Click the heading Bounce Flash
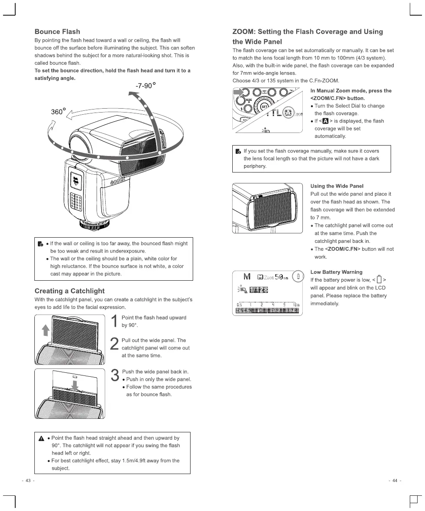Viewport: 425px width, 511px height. pos(57,32)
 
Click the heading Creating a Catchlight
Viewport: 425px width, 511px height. pos(69,291)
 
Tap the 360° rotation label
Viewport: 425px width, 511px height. pos(58,112)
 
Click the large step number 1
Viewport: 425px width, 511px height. pos(115,322)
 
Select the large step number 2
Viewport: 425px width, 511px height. pos(115,344)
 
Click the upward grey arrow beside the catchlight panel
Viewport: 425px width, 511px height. pos(44,330)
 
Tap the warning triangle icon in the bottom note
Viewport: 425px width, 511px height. pos(40,438)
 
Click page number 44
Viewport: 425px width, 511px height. pos(395,480)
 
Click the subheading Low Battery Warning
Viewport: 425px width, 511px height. pos(336,272)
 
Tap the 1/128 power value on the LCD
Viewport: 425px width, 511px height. pos(258,290)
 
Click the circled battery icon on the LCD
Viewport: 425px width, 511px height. pos(298,276)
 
